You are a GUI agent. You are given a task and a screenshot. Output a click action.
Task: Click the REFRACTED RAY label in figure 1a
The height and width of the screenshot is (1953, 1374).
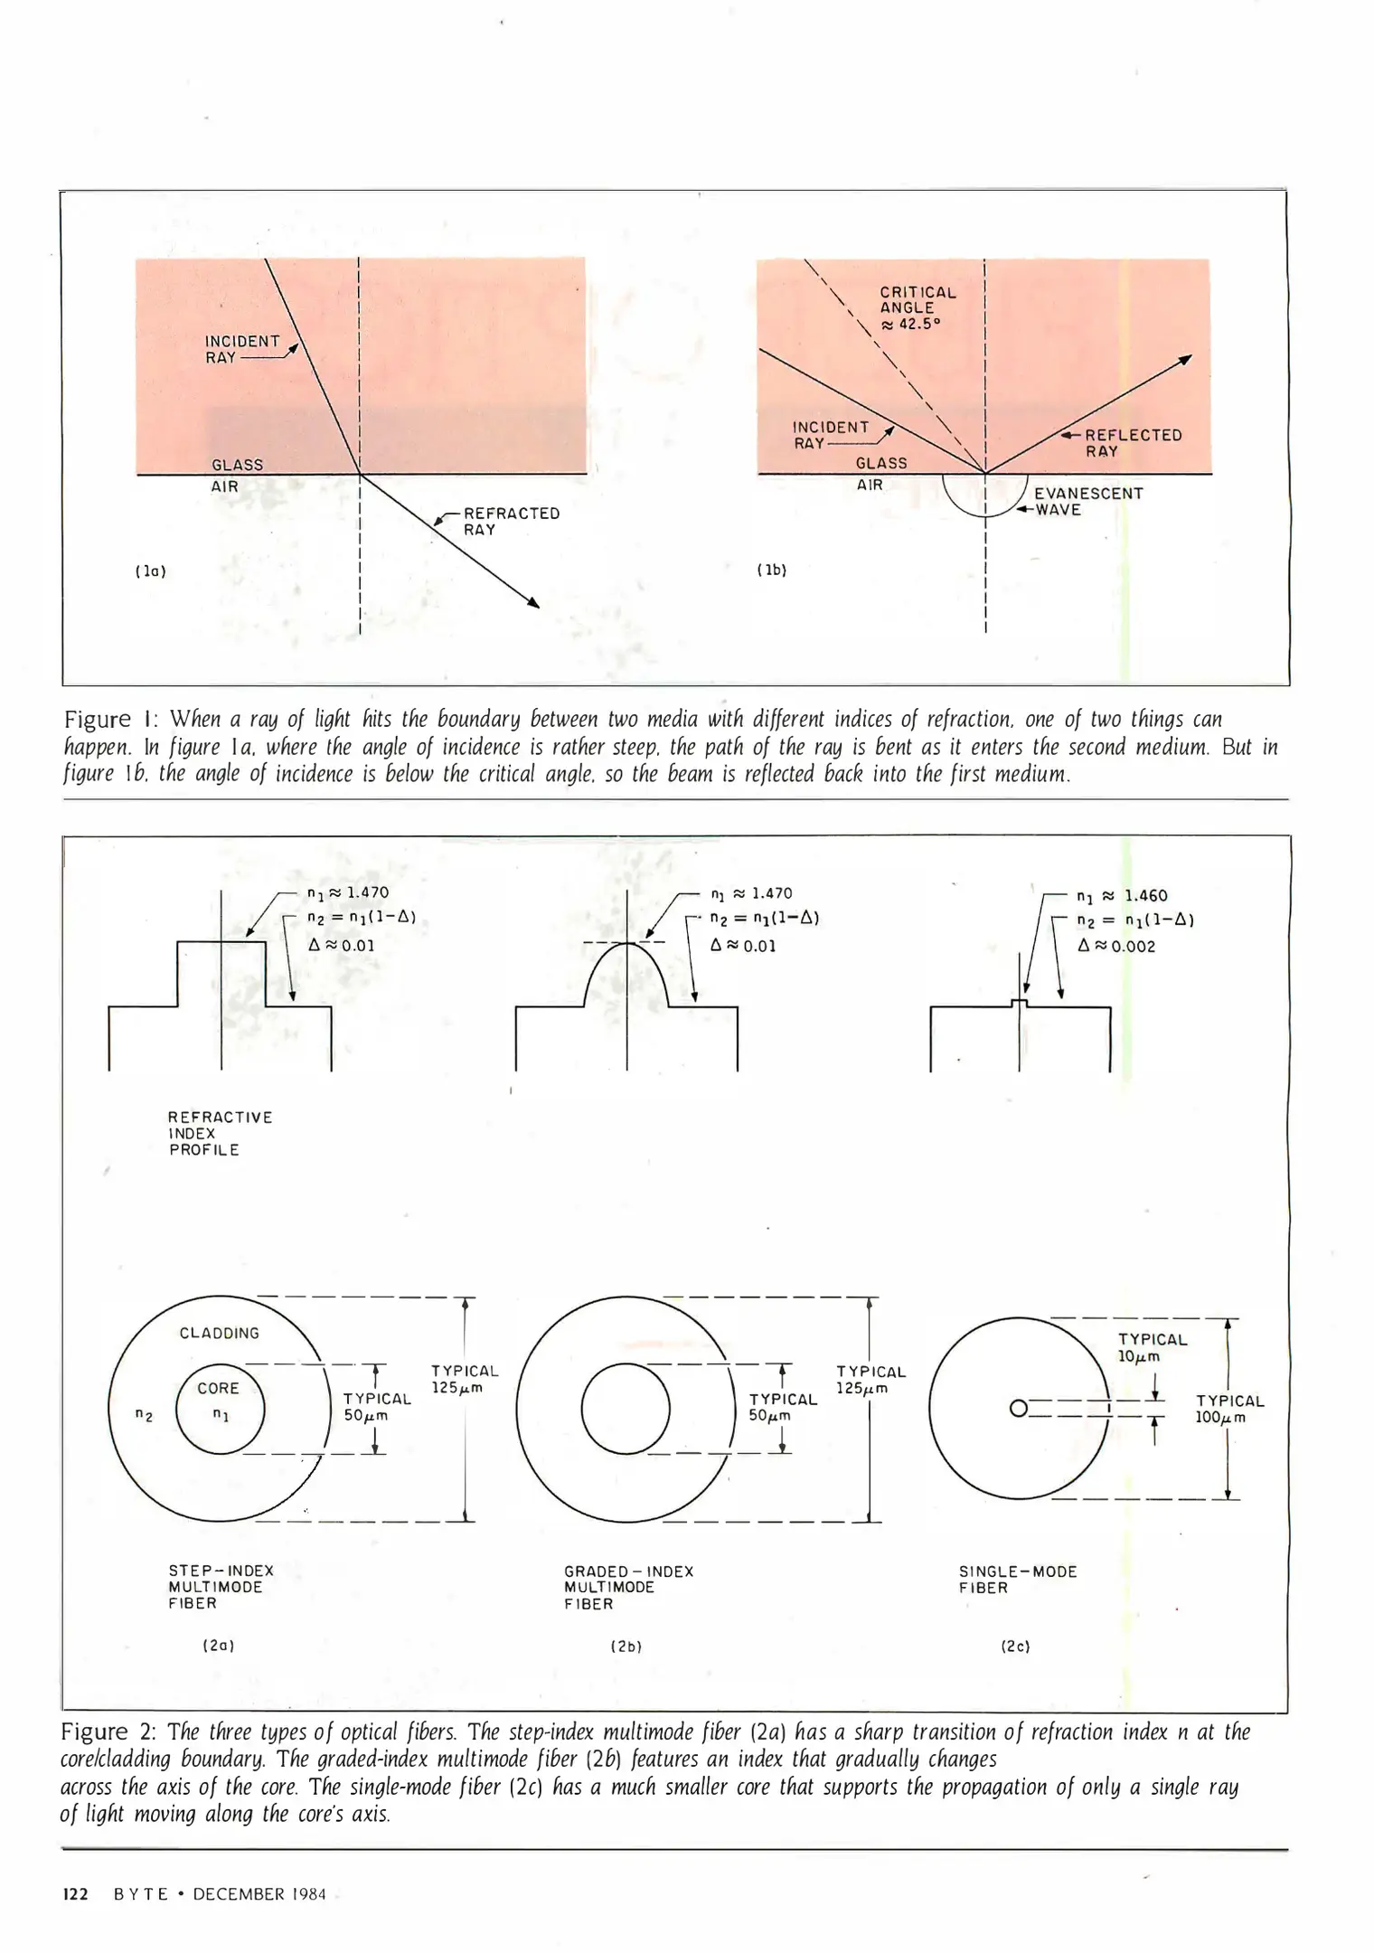[x=511, y=522]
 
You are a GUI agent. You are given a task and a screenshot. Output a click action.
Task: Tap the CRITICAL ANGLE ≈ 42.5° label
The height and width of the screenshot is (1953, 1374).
[x=918, y=308]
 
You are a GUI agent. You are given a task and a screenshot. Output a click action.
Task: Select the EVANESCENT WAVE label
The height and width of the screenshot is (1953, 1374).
[x=1087, y=502]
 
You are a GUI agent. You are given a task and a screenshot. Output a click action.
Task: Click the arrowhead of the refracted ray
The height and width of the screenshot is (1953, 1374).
[x=534, y=603]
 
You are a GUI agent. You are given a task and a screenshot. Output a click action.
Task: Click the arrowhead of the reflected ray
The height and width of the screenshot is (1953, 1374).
[x=1187, y=360]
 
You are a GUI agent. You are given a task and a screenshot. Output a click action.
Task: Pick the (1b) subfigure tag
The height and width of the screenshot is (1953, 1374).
[x=771, y=571]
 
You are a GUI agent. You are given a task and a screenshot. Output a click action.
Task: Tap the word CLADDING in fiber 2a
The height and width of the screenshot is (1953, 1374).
[x=219, y=1334]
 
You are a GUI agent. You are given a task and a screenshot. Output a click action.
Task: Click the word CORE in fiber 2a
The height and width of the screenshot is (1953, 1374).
[x=218, y=1388]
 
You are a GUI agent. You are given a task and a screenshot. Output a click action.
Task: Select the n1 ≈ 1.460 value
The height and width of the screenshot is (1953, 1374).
[x=1122, y=896]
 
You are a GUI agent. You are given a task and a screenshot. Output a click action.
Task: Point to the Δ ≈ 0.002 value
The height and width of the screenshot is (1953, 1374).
[x=1116, y=947]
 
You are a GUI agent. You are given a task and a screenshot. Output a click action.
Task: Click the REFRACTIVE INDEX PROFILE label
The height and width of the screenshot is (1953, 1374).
[x=220, y=1134]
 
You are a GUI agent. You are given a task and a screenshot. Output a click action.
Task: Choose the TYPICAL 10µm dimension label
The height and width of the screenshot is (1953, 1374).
[x=1152, y=1348]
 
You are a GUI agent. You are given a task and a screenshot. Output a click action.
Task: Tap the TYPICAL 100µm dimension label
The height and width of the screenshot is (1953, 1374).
[x=1229, y=1410]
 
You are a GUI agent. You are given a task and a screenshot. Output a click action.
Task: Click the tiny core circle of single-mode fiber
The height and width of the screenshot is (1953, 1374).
[x=1018, y=1409]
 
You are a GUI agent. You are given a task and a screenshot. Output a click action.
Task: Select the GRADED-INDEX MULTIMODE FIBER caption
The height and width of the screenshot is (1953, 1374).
[x=628, y=1588]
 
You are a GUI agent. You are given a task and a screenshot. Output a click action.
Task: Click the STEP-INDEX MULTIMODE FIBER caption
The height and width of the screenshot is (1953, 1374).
[x=221, y=1587]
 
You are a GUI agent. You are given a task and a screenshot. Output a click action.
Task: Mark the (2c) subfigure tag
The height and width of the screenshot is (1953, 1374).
[x=1015, y=1646]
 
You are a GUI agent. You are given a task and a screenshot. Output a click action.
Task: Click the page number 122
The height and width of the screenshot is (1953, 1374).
[x=75, y=1894]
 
